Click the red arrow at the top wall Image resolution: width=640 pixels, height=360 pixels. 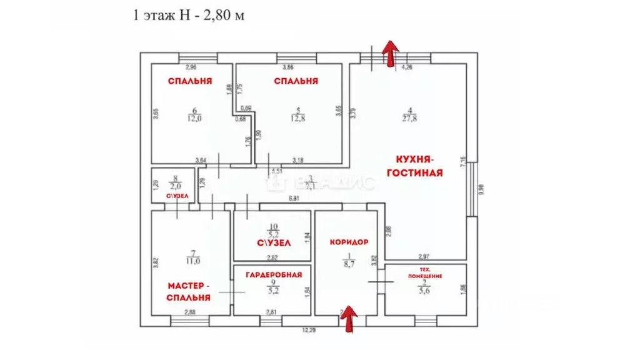pos(389,52)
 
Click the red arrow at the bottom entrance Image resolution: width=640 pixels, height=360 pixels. pos(347,317)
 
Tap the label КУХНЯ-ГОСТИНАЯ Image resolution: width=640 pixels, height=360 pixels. pos(414,165)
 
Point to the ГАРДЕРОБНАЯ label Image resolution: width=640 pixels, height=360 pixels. pos(274,274)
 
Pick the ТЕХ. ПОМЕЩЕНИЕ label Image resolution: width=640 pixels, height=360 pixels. pos(425,272)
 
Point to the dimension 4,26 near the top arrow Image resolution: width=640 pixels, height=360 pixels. pos(407,66)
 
